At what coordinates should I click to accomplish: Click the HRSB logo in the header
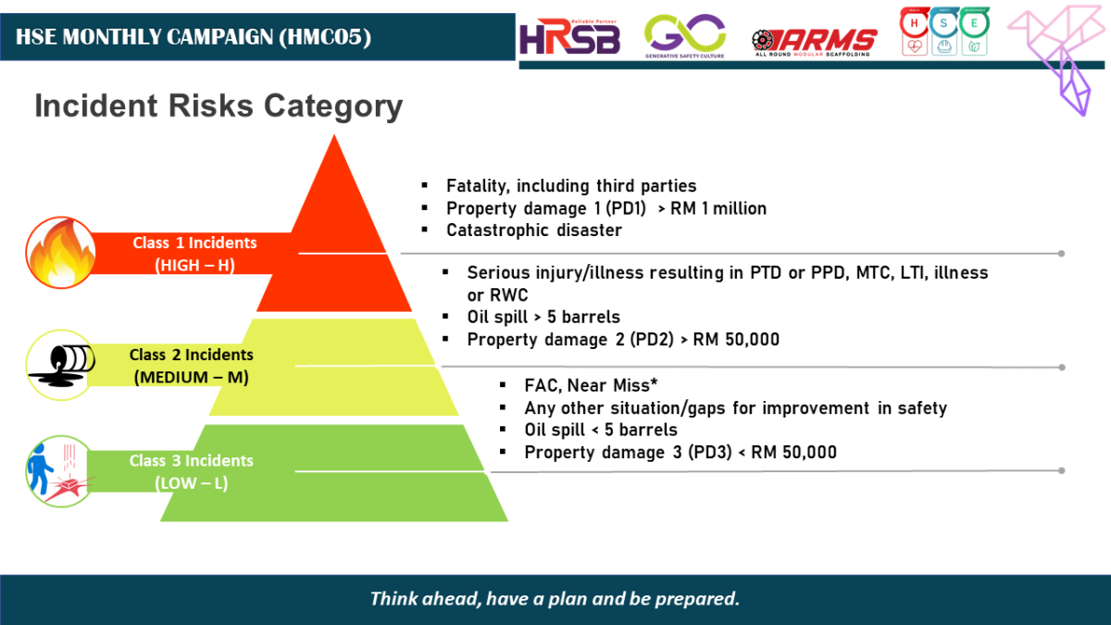568,36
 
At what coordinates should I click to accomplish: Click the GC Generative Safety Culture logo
685,35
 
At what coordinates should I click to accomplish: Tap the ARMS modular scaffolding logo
815,40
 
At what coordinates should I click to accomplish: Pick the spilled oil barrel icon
57,365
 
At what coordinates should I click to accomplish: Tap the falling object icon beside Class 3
57,470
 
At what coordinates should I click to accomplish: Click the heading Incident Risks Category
218,106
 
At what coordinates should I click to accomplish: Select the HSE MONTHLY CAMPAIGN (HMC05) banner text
193,37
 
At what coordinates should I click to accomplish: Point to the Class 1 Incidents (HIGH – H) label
194,253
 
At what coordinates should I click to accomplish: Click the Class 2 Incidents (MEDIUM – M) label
191,366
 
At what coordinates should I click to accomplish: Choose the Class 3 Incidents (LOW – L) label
191,471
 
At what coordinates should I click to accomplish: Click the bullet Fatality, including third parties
570,186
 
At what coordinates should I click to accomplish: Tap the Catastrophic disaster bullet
533,230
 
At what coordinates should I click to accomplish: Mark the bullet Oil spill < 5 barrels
600,430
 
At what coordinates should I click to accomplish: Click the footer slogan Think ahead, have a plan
555,598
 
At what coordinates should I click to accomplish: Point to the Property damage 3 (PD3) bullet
680,452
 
